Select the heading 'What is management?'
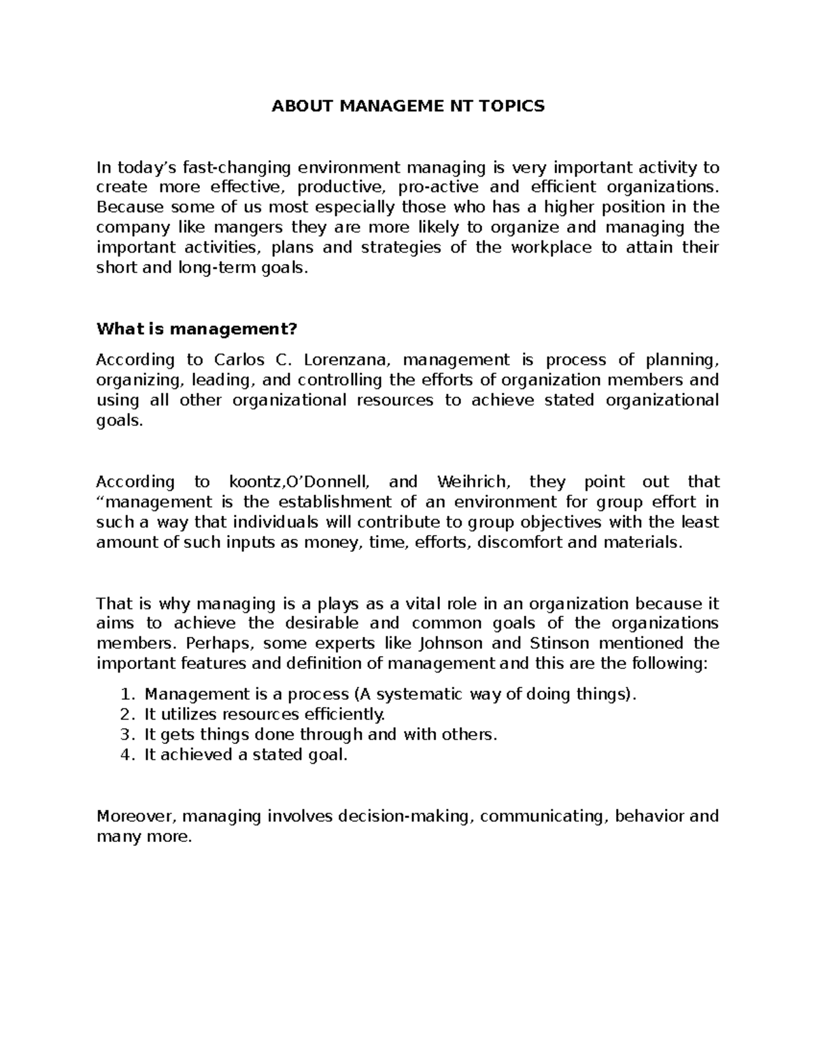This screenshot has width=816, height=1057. tap(197, 329)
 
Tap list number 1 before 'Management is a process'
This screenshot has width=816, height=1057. tap(124, 694)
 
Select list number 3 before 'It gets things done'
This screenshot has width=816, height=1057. tap(124, 734)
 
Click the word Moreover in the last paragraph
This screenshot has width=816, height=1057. tap(136, 815)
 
